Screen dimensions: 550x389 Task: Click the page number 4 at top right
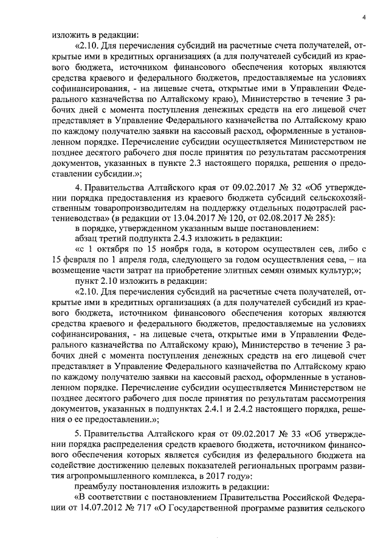click(x=363, y=18)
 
